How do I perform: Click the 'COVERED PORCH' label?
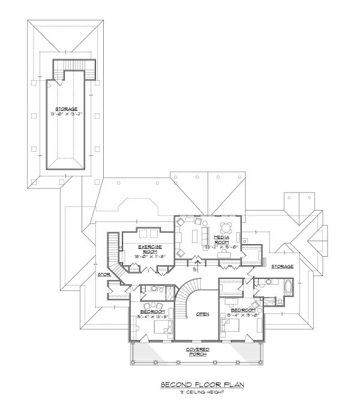[197, 352]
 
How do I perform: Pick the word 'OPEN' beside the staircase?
[202, 314]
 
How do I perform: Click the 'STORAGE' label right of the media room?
[281, 266]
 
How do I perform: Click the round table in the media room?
[228, 227]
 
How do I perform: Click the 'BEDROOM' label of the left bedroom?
[153, 311]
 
